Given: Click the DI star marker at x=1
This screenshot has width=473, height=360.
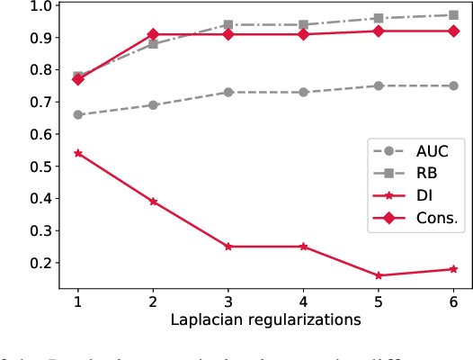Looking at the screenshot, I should tap(78, 153).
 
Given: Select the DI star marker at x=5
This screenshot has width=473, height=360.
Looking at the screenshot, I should tap(379, 275).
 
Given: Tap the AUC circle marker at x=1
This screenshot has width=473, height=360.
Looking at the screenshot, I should tap(78, 114).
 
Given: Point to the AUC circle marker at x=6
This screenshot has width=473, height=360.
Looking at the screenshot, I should tap(453, 85).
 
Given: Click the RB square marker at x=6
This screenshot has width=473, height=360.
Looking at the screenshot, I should tap(453, 15).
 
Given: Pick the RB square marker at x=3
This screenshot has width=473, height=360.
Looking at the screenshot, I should tap(228, 25).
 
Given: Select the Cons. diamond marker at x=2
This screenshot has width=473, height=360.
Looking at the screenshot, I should tap(153, 34).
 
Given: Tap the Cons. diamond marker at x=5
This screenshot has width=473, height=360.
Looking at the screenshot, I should tap(379, 31).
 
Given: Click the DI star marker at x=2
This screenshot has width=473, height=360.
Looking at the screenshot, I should tap(153, 202).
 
